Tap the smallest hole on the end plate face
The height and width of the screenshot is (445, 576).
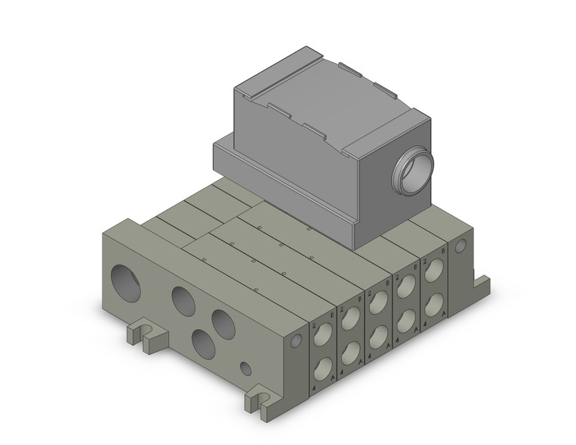pos(245,369)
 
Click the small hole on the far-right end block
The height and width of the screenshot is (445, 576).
pos(459,246)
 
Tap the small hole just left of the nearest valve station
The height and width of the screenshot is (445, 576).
pos(296,342)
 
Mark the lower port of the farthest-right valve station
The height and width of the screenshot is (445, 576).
pos(434,305)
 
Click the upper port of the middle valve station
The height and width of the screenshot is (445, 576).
pos(379,303)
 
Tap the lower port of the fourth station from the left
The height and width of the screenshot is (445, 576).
pos(406,321)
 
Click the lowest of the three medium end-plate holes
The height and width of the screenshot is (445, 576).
pos(204,343)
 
